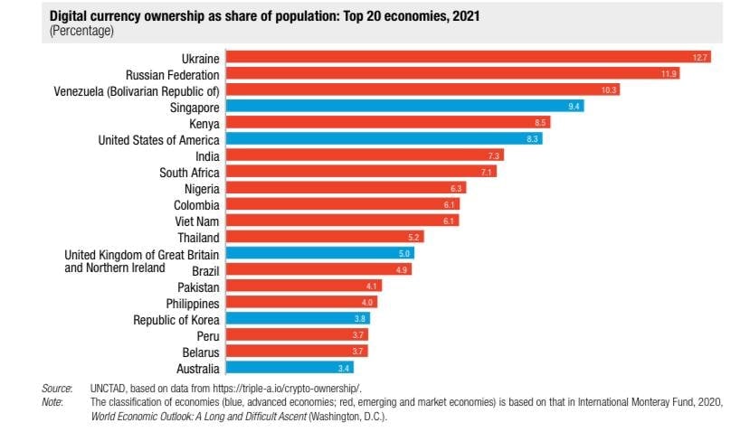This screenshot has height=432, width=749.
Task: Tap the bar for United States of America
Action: pyautogui.click(x=384, y=139)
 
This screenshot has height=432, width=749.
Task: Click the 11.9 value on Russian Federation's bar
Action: pyautogui.click(x=668, y=73)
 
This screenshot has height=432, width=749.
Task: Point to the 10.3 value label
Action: pyautogui.click(x=609, y=89)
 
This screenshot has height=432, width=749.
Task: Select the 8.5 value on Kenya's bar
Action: pyautogui.click(x=539, y=123)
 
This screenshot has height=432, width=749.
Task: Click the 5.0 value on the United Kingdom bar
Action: pyautogui.click(x=404, y=254)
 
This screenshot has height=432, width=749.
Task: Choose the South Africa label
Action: pyautogui.click(x=189, y=172)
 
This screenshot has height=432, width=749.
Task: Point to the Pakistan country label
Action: pyautogui.click(x=193, y=286)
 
